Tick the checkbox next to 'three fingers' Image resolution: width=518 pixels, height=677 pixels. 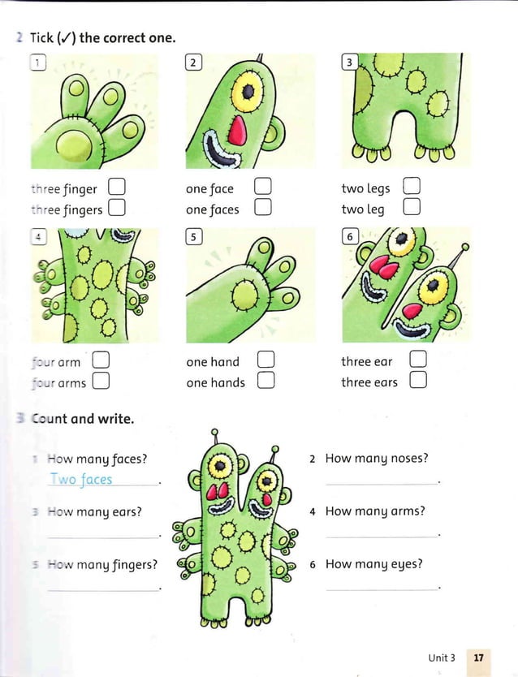[116, 209]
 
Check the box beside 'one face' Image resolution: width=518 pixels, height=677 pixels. [261, 188]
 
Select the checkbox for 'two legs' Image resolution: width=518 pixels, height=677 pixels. [412, 188]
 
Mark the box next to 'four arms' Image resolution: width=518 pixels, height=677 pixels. [101, 381]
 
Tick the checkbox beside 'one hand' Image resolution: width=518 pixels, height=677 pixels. [265, 360]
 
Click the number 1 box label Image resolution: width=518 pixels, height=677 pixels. [37, 63]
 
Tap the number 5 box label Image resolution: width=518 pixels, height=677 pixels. [193, 237]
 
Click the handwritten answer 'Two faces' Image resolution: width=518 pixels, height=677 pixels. [81, 479]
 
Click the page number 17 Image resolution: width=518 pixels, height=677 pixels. [478, 657]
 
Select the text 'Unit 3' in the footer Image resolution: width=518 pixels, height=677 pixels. [442, 657]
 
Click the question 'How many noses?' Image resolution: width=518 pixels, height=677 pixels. [376, 459]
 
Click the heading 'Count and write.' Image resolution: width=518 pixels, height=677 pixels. [82, 420]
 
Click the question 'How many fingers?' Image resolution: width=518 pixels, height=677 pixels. [102, 564]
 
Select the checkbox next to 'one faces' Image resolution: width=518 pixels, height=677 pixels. [261, 209]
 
